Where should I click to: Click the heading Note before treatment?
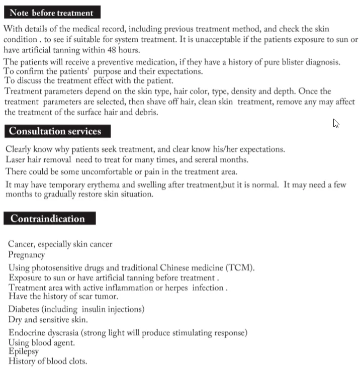(51, 13)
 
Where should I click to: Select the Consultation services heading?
(55, 132)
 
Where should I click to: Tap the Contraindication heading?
(48, 219)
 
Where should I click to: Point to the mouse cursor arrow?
(336, 123)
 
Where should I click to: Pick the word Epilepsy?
(23, 352)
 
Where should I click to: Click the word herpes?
(165, 288)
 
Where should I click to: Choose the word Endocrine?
(26, 333)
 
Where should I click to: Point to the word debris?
(145, 113)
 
